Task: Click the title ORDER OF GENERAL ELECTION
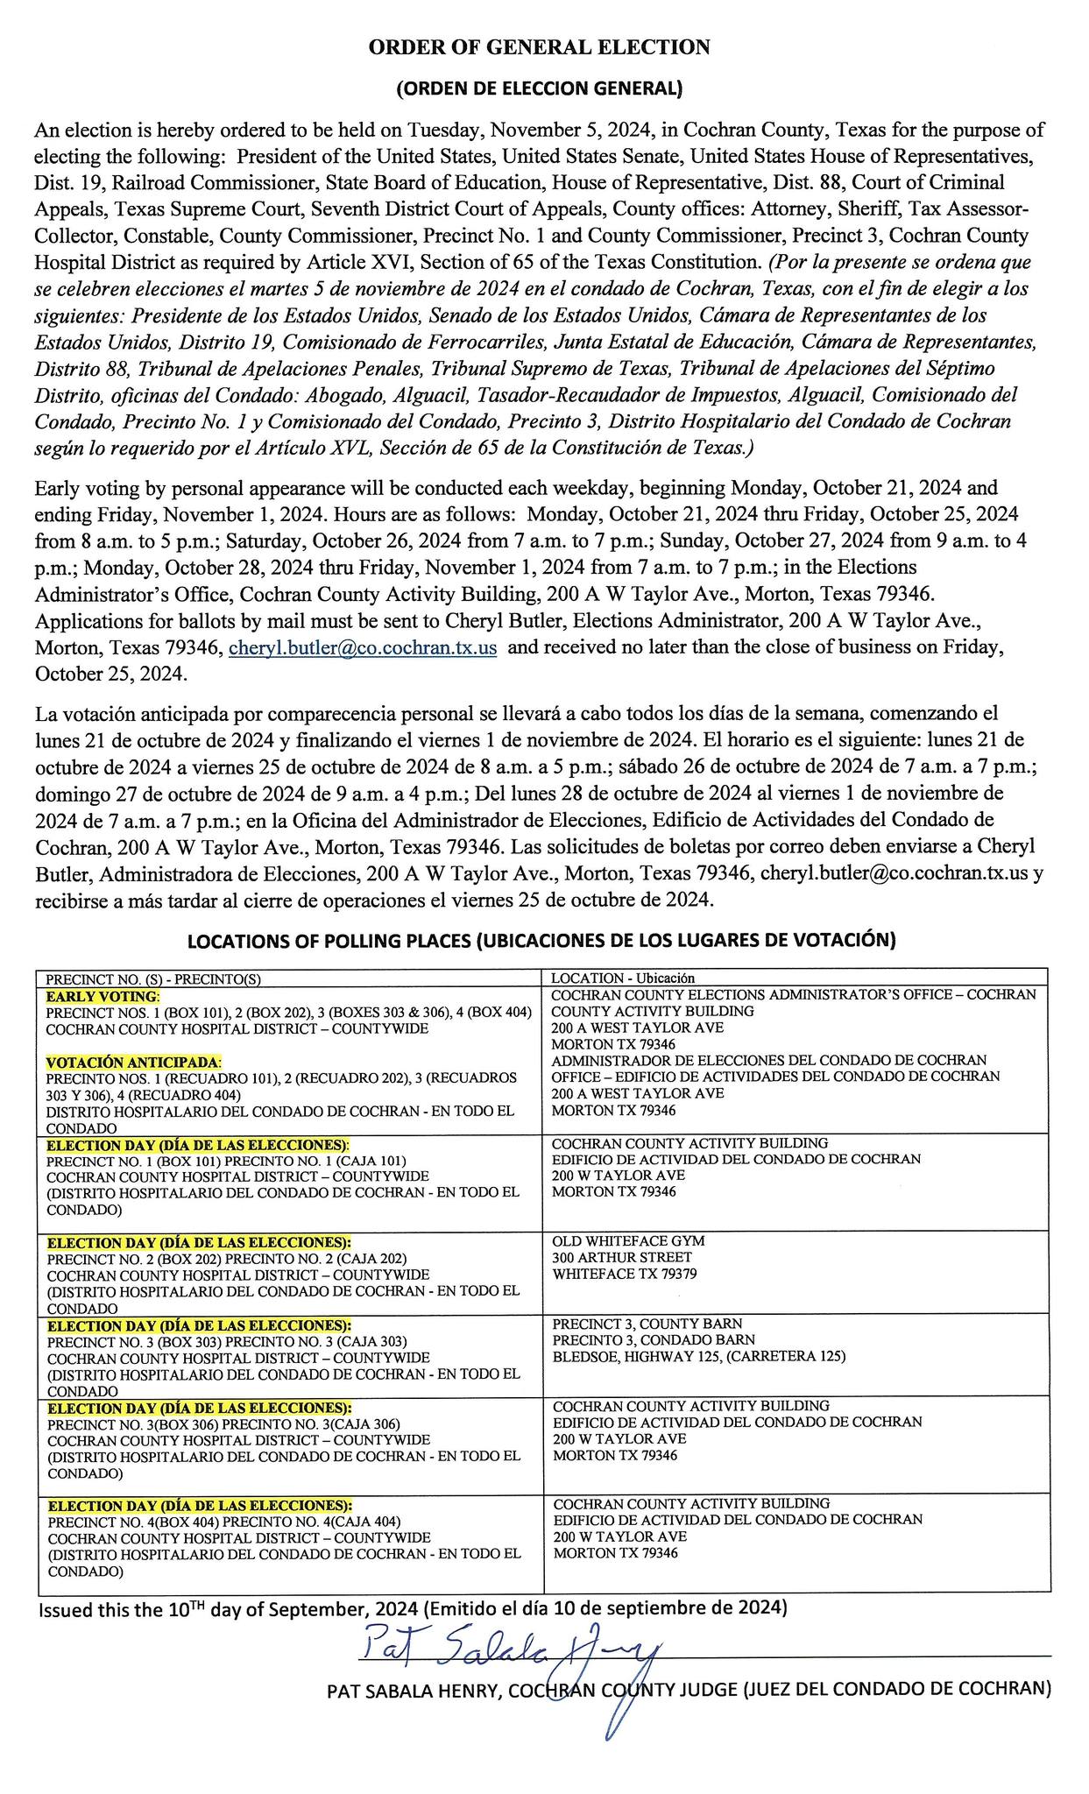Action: pyautogui.click(x=539, y=47)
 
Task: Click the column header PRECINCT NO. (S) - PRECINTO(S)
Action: pyautogui.click(x=153, y=978)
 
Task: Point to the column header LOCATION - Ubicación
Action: pyautogui.click(x=622, y=978)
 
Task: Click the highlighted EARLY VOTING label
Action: pyautogui.click(x=103, y=996)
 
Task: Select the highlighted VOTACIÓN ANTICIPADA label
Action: pyautogui.click(x=133, y=1062)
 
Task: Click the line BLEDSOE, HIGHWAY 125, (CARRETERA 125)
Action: pyautogui.click(x=699, y=1357)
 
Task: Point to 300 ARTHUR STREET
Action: pyautogui.click(x=610, y=1258)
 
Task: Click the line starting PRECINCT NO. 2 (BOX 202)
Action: pyautogui.click(x=227, y=1259)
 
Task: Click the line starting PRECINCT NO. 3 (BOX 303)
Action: pyautogui.click(x=227, y=1341)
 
